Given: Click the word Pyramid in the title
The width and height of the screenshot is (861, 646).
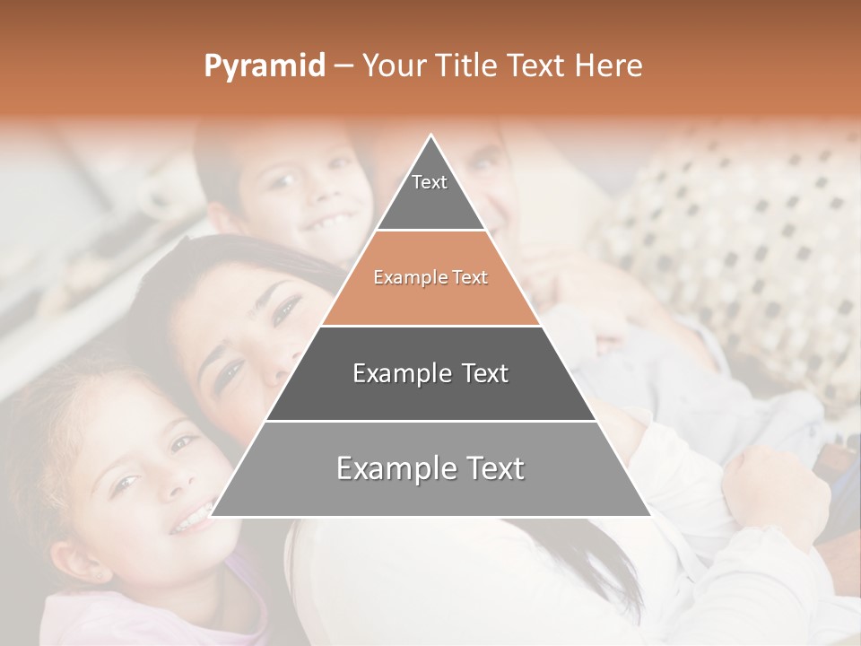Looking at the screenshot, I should (x=264, y=66).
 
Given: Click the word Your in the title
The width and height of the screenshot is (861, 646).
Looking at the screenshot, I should (x=395, y=66).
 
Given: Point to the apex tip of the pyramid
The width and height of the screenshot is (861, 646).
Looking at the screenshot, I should (x=431, y=136).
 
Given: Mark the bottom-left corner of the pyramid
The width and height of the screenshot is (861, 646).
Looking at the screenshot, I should (x=212, y=516).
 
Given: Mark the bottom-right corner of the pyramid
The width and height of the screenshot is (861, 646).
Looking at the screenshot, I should (x=650, y=516).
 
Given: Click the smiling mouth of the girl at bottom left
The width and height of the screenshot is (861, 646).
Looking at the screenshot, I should (x=191, y=518).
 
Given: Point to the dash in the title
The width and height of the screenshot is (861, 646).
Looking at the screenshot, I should (x=343, y=66).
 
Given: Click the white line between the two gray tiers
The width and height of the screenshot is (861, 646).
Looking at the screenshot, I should (x=430, y=421).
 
